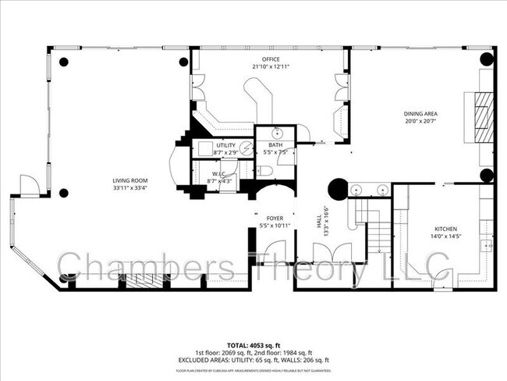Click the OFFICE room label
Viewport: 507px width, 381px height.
pyautogui.click(x=271, y=59)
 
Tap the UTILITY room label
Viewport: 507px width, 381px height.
pyautogui.click(x=226, y=145)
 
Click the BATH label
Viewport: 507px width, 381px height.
pyautogui.click(x=276, y=145)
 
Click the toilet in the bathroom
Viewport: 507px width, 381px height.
pyautogui.click(x=264, y=171)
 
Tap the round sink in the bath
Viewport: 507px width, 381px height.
pyautogui.click(x=278, y=133)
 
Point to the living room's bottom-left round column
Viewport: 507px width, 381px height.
pyautogui.click(x=64, y=193)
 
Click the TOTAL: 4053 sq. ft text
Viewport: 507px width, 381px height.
pyautogui.click(x=253, y=344)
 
